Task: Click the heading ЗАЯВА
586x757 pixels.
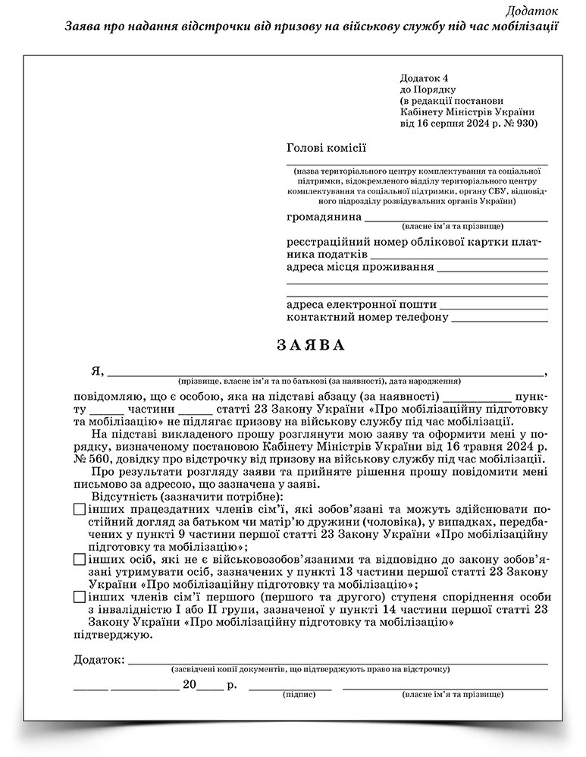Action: click(311, 346)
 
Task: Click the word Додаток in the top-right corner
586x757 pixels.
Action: click(533, 11)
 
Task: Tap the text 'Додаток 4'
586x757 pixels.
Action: click(425, 78)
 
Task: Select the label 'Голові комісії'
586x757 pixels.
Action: click(326, 148)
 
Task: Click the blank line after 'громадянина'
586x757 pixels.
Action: click(456, 218)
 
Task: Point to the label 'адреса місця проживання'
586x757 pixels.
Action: click(360, 267)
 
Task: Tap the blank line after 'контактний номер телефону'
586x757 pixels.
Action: click(500, 319)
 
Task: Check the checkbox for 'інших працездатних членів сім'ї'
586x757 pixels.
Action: click(80, 510)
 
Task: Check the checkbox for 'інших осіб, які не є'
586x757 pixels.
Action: click(80, 560)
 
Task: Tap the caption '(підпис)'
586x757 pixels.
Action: click(294, 694)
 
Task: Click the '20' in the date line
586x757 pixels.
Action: click(190, 685)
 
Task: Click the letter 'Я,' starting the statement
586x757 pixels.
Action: click(96, 371)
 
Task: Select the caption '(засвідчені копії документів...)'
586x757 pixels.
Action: click(311, 670)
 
